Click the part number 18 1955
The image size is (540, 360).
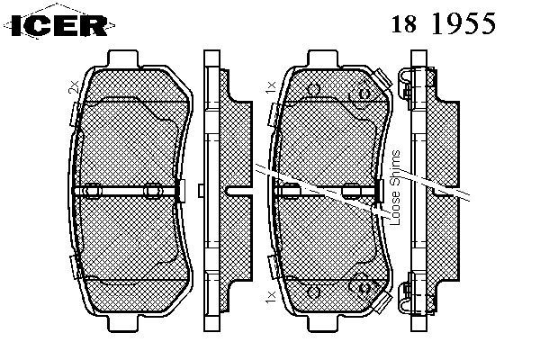pyautogui.click(x=444, y=23)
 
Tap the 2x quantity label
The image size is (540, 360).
pyautogui.click(x=74, y=86)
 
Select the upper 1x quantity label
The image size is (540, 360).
pyautogui.click(x=271, y=87)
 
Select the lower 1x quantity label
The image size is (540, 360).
pyautogui.click(x=271, y=297)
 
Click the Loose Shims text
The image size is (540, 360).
pyautogui.click(x=395, y=188)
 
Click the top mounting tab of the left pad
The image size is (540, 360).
pyautogui.click(x=123, y=58)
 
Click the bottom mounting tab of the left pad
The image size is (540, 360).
pyautogui.click(x=123, y=323)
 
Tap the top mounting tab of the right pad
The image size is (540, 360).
pyautogui.click(x=323, y=58)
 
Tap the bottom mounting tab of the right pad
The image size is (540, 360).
pyautogui.click(x=323, y=323)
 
